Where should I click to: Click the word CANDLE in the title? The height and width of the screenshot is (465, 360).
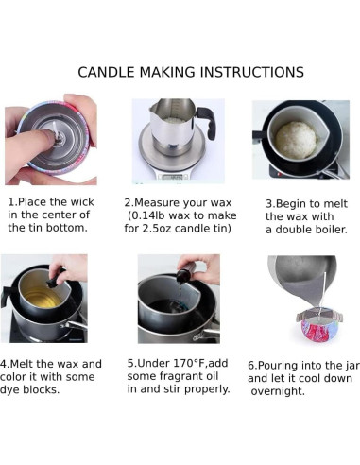click(106, 72)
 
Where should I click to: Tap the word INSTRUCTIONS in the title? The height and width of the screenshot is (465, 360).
click(252, 72)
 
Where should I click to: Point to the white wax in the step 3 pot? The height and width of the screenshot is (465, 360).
click(296, 140)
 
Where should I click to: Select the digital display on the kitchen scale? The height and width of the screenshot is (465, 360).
click(173, 177)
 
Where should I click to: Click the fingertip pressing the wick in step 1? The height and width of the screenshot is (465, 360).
click(47, 136)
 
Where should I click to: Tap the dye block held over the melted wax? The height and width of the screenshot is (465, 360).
click(53, 282)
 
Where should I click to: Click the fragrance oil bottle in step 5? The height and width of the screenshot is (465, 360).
click(185, 273)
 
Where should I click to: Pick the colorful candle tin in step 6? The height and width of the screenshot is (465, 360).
click(319, 328)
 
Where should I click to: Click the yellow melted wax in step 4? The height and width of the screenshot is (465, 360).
click(42, 297)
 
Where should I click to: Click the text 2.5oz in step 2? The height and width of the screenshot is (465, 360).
click(157, 229)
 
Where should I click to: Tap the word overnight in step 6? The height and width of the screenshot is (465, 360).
click(278, 391)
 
